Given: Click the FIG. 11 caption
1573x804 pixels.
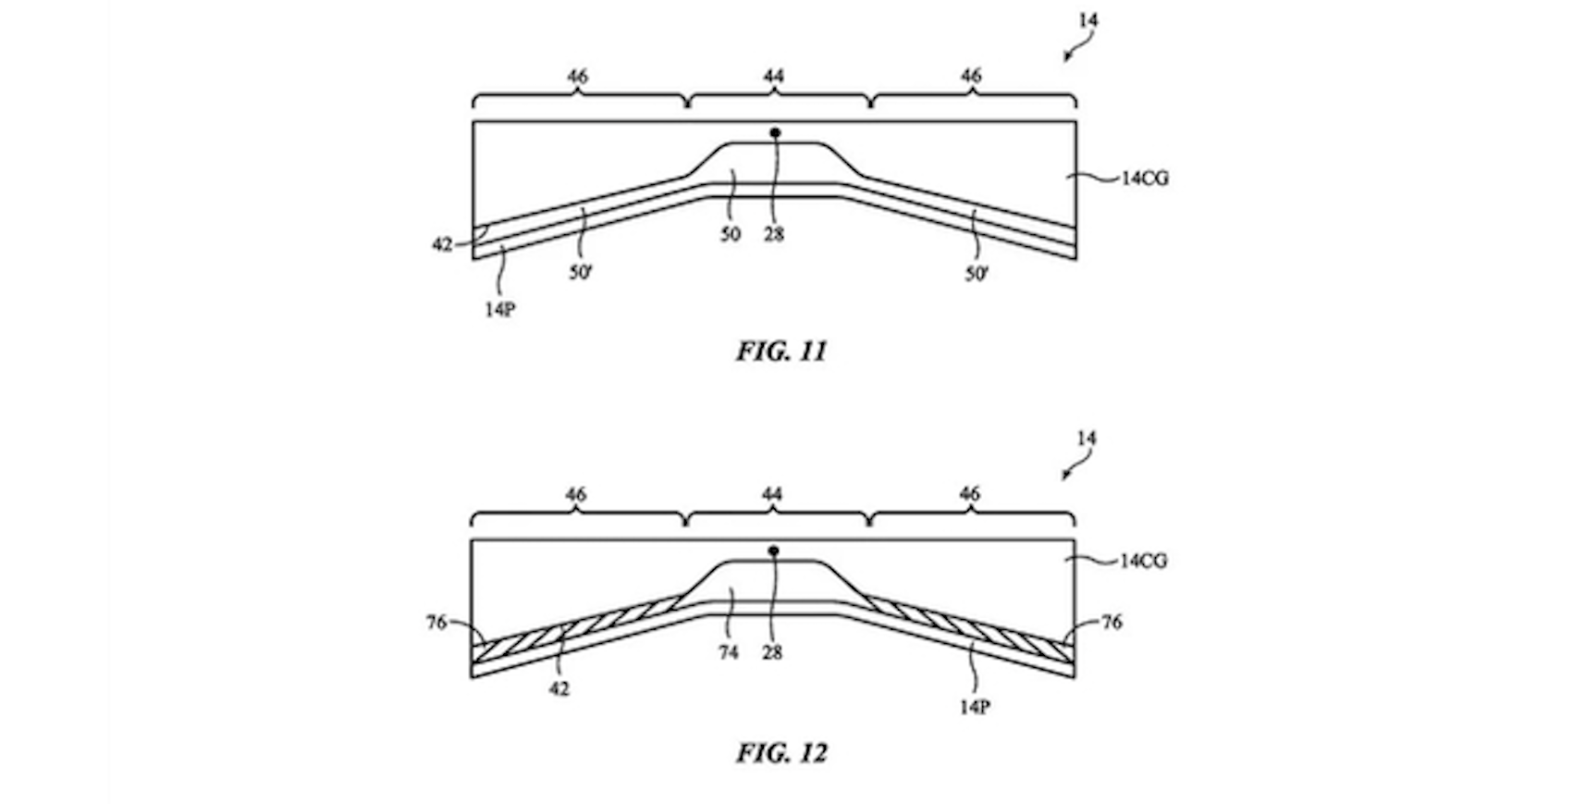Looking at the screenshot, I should [781, 352].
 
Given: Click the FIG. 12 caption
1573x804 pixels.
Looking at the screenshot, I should [781, 753].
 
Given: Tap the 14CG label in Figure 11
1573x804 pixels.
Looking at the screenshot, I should [1145, 179].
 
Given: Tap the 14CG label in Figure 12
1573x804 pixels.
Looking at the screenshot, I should [1143, 561].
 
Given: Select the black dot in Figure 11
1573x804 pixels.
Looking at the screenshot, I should [775, 133].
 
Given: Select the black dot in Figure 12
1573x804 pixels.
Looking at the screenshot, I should [774, 551].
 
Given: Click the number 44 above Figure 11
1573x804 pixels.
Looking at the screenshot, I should [774, 76].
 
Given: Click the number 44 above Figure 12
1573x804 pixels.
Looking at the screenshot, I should [772, 495].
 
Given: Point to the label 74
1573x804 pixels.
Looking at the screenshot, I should [729, 653].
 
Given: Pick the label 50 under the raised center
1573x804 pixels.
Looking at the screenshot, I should [731, 235].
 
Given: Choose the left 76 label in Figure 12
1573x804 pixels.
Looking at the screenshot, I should [436, 623].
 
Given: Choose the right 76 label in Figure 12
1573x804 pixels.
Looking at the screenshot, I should [1112, 623].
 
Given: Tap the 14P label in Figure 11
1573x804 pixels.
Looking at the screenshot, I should [499, 310].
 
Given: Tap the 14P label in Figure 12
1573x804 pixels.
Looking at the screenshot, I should [975, 708].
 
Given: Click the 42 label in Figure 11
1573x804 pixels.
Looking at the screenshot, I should [442, 245].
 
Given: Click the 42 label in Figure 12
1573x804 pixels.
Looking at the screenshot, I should [559, 689].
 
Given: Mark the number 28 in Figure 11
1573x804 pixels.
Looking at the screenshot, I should [774, 235].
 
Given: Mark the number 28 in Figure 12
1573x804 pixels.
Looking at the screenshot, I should [772, 653].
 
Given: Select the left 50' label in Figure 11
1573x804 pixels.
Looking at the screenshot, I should [581, 274].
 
